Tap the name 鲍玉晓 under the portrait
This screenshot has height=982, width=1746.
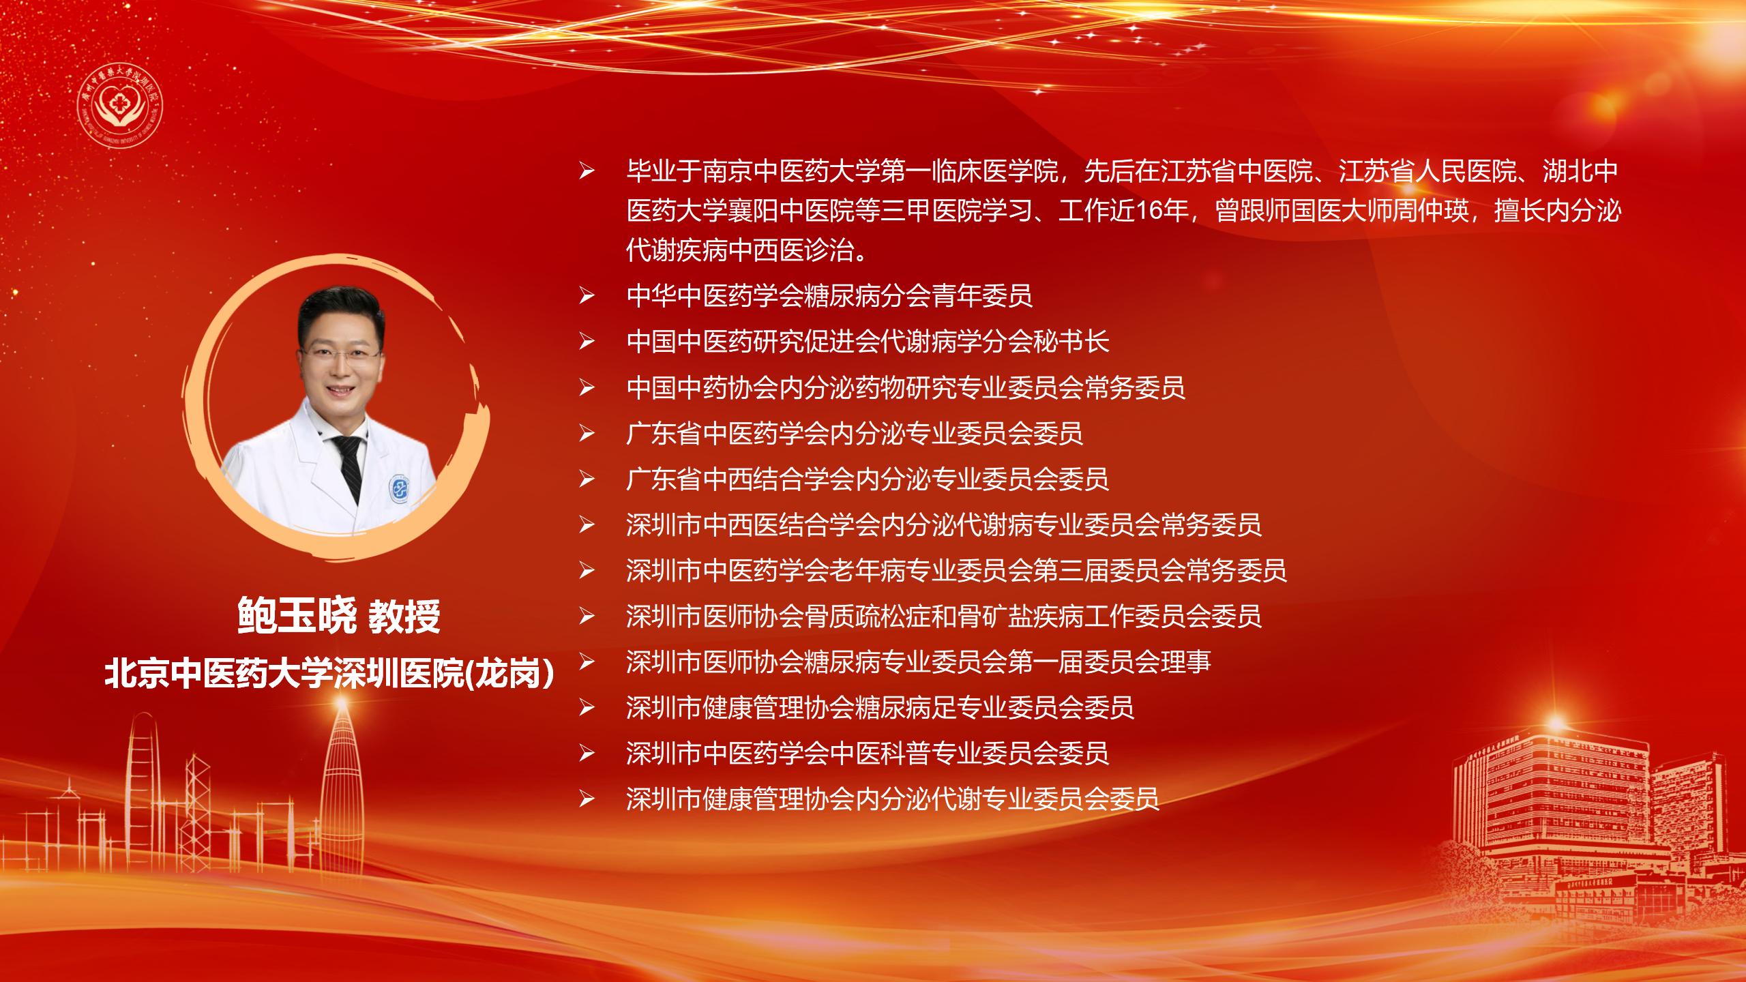coord(297,616)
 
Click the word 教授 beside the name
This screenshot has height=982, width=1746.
coord(404,616)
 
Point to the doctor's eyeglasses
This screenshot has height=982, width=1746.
coord(340,354)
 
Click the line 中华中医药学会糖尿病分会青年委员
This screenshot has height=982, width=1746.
coord(829,296)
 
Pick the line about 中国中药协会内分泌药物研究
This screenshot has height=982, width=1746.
coord(906,388)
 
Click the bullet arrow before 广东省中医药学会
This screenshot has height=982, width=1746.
coord(587,434)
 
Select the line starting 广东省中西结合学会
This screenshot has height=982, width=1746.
coord(868,479)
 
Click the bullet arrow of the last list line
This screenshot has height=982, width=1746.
coord(587,799)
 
